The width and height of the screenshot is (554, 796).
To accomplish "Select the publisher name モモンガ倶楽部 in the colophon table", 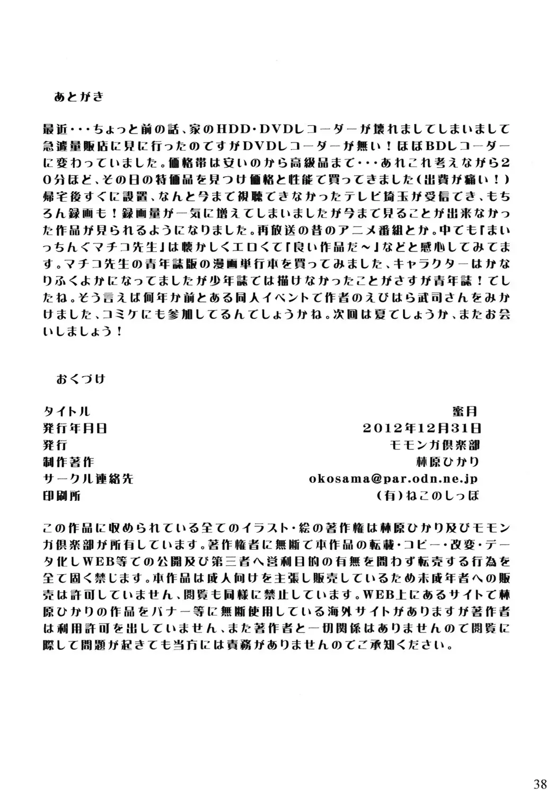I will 443,444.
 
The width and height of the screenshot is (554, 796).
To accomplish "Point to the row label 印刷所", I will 62,496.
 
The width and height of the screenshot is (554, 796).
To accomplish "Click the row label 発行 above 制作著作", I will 55,444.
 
